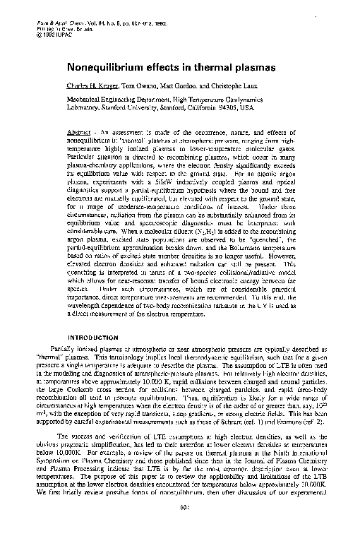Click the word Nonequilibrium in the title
tap(108, 69)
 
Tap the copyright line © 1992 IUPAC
tap(54, 33)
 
